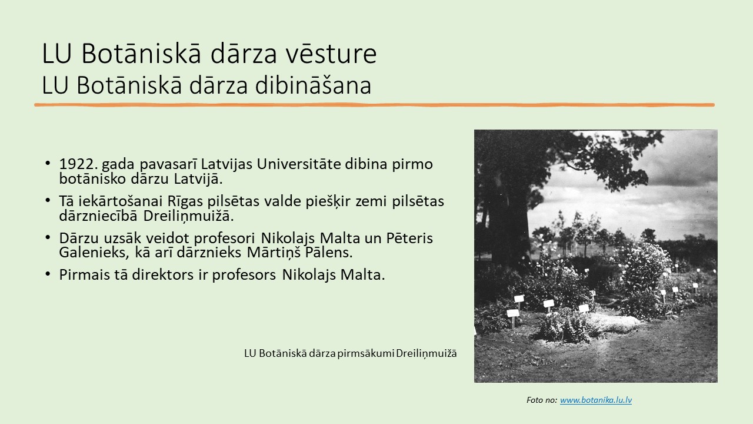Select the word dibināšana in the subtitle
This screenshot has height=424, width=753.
[313, 85]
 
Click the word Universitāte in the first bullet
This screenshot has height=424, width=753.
[299, 164]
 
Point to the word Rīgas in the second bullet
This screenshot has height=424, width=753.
[185, 201]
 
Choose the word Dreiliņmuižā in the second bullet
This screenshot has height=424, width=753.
[188, 216]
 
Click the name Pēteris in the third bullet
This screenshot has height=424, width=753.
[409, 238]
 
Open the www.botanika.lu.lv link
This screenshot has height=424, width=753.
[596, 400]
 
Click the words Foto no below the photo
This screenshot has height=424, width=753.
[542, 400]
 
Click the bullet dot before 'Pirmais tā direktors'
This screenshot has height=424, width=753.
[48, 274]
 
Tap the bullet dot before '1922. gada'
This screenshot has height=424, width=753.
[48, 163]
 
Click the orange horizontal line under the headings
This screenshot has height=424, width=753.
[374, 105]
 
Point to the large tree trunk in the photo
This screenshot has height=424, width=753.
[508, 218]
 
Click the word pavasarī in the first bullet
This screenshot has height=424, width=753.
[168, 164]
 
